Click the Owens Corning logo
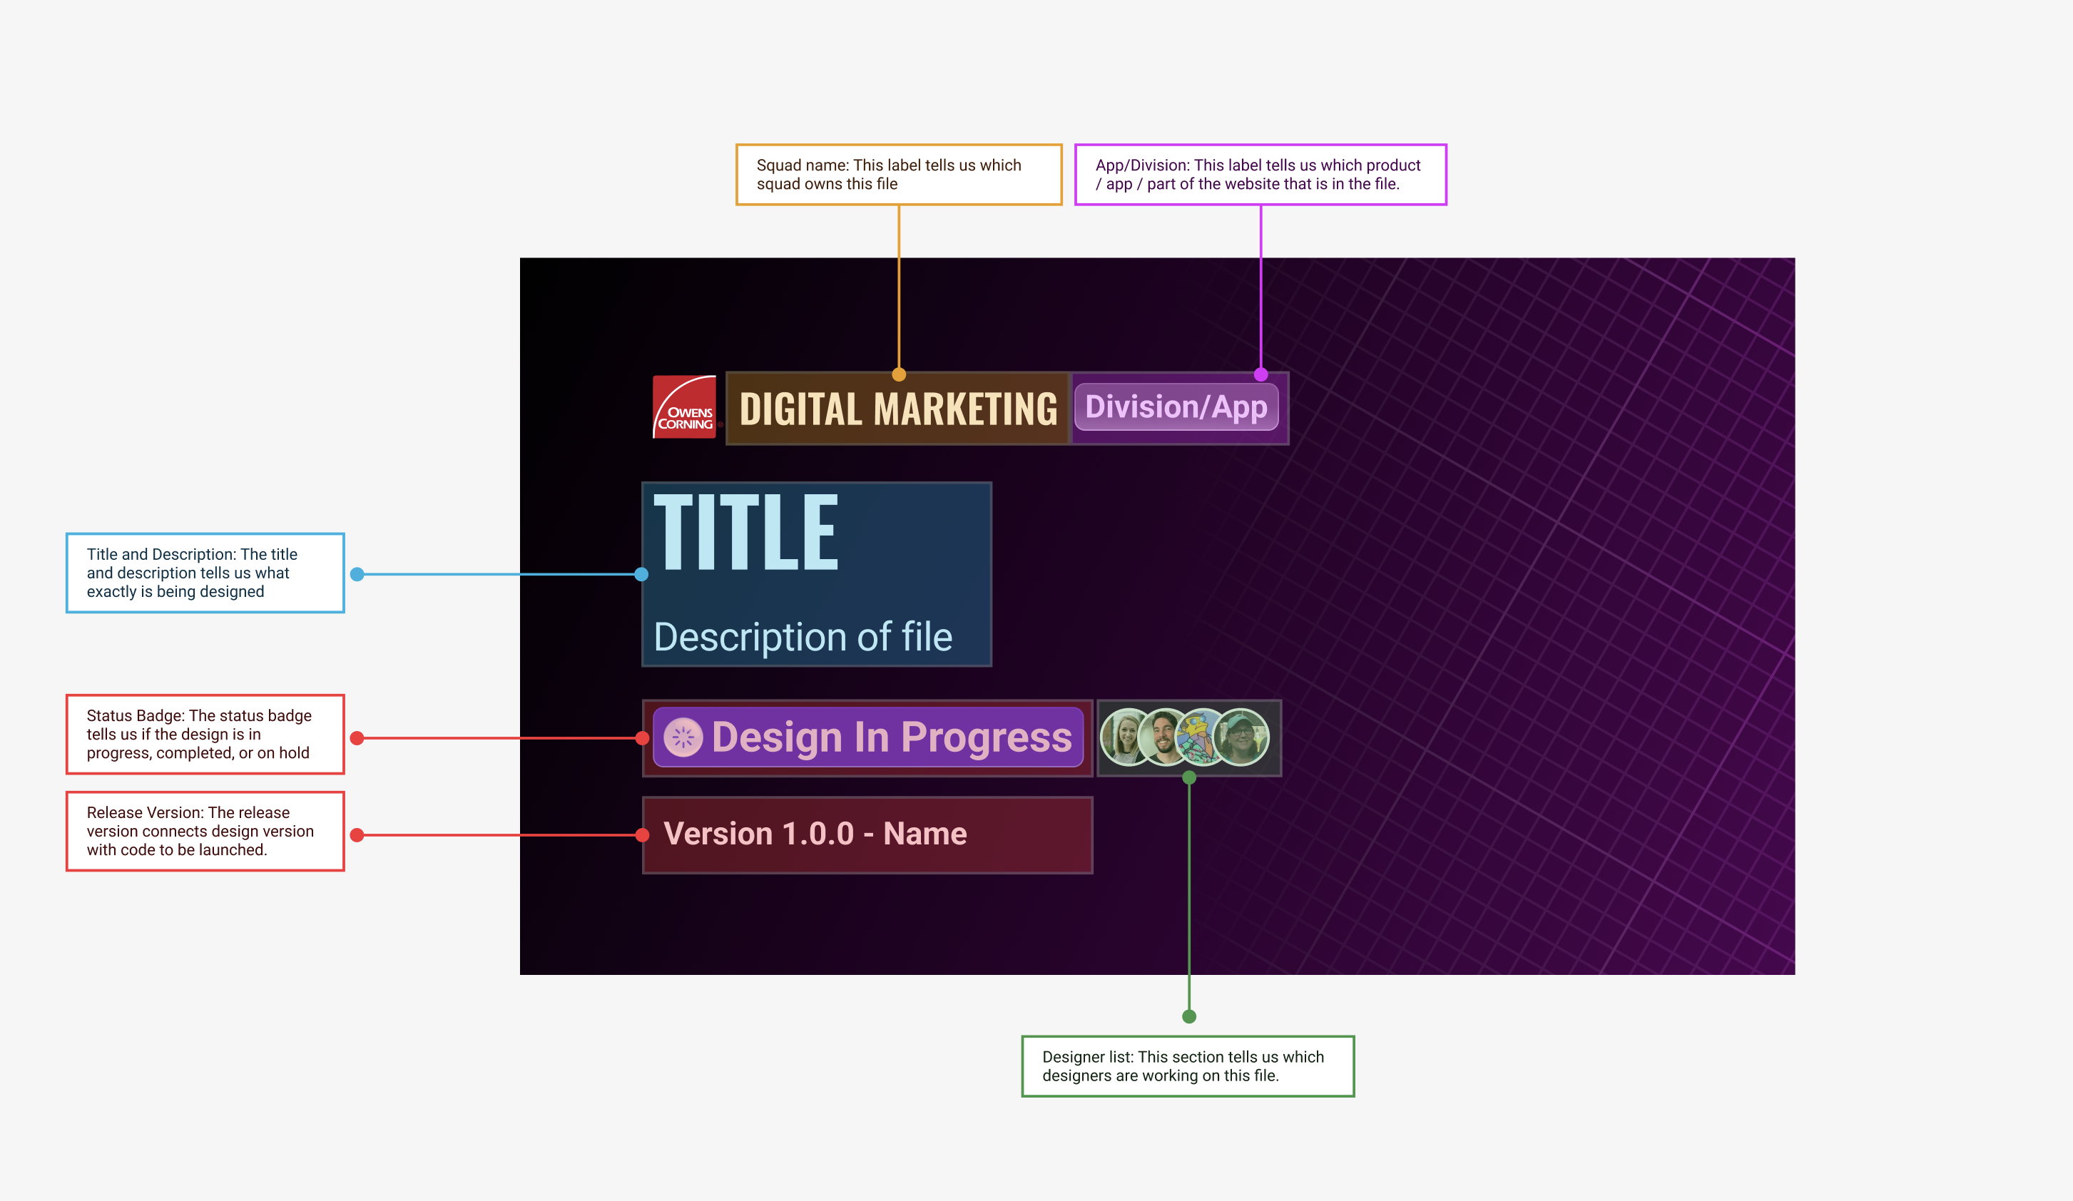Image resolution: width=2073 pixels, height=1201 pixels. pos(684,407)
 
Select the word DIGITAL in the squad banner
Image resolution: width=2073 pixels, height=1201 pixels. pos(800,409)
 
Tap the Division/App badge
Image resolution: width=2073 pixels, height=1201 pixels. pos(1176,407)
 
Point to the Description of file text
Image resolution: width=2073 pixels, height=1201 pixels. pos(803,637)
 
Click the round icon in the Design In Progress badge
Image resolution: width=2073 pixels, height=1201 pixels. pos(683,737)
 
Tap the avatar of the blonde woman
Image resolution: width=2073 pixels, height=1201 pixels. pos(1126,737)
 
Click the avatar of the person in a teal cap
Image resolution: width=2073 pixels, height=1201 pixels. pos(1241,737)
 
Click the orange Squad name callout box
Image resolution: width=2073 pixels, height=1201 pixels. pos(898,175)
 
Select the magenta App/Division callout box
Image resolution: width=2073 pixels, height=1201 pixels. pos(1260,175)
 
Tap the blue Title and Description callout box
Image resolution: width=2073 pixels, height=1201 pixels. pos(205,573)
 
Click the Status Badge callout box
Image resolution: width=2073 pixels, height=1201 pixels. pos(205,734)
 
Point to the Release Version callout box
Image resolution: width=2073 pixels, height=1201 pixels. pos(205,831)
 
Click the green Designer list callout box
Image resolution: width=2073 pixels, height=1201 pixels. pos(1188,1066)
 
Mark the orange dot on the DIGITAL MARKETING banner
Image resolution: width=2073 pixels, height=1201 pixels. pos(899,375)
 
